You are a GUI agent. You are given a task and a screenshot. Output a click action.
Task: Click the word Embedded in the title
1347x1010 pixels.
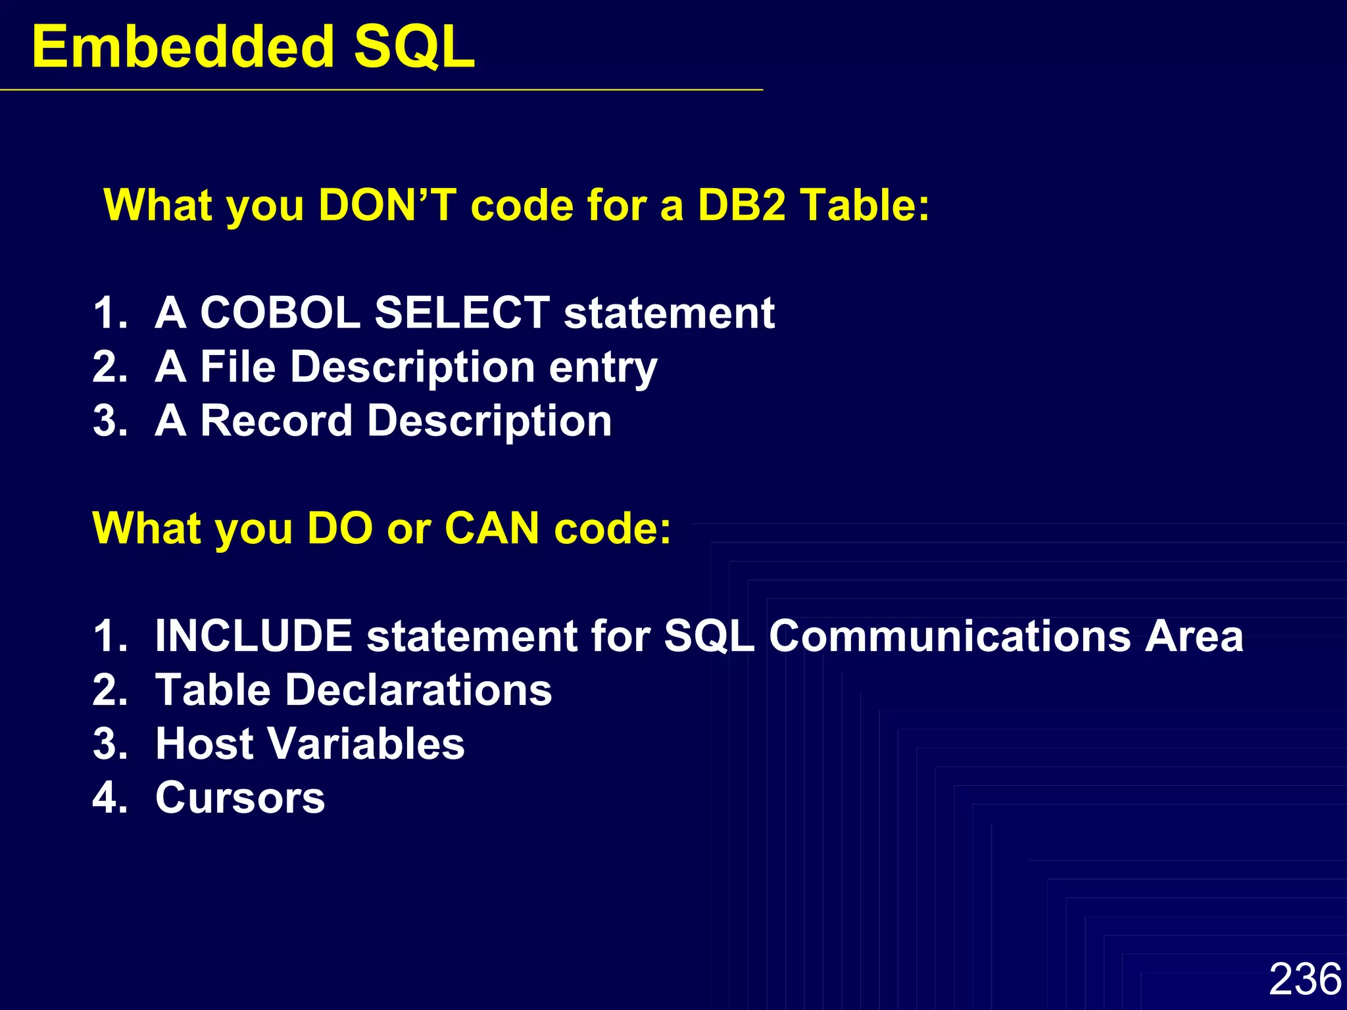183,47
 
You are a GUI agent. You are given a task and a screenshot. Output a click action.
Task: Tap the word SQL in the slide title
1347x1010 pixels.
414,47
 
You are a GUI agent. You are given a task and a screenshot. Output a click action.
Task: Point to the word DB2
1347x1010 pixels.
741,205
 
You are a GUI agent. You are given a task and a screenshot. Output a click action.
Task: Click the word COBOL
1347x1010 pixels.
280,312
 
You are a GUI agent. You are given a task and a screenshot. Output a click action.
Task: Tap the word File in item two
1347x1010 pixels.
237,366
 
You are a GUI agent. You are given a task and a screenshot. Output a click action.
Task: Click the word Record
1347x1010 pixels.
276,420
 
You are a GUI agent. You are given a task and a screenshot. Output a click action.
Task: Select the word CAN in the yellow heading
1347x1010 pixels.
492,528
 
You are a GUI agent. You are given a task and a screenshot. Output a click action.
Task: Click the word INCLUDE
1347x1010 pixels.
254,636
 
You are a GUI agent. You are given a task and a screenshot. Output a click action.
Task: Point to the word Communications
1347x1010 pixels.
950,636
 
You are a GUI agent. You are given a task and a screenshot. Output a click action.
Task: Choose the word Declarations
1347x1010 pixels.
418,690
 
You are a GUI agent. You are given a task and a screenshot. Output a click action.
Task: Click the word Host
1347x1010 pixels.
205,744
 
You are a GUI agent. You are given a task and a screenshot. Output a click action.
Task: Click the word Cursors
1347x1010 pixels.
240,798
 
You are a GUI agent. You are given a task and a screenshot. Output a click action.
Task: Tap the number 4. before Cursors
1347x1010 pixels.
110,798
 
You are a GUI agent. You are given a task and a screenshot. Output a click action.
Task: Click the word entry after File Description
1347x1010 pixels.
602,368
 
